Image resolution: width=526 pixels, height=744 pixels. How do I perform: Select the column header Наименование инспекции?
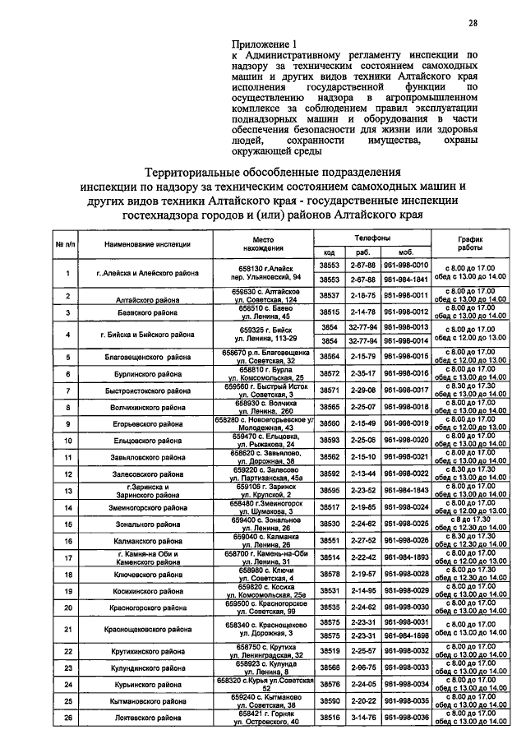[x=148, y=244]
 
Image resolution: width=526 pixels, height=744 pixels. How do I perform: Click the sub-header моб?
[x=404, y=252]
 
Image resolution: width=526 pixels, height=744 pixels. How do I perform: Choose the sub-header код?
[x=329, y=252]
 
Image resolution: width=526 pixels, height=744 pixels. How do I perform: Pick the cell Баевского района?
[x=148, y=312]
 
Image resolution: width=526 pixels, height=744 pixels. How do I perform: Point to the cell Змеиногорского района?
[x=148, y=508]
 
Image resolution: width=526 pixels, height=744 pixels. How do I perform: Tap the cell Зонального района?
[x=148, y=524]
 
